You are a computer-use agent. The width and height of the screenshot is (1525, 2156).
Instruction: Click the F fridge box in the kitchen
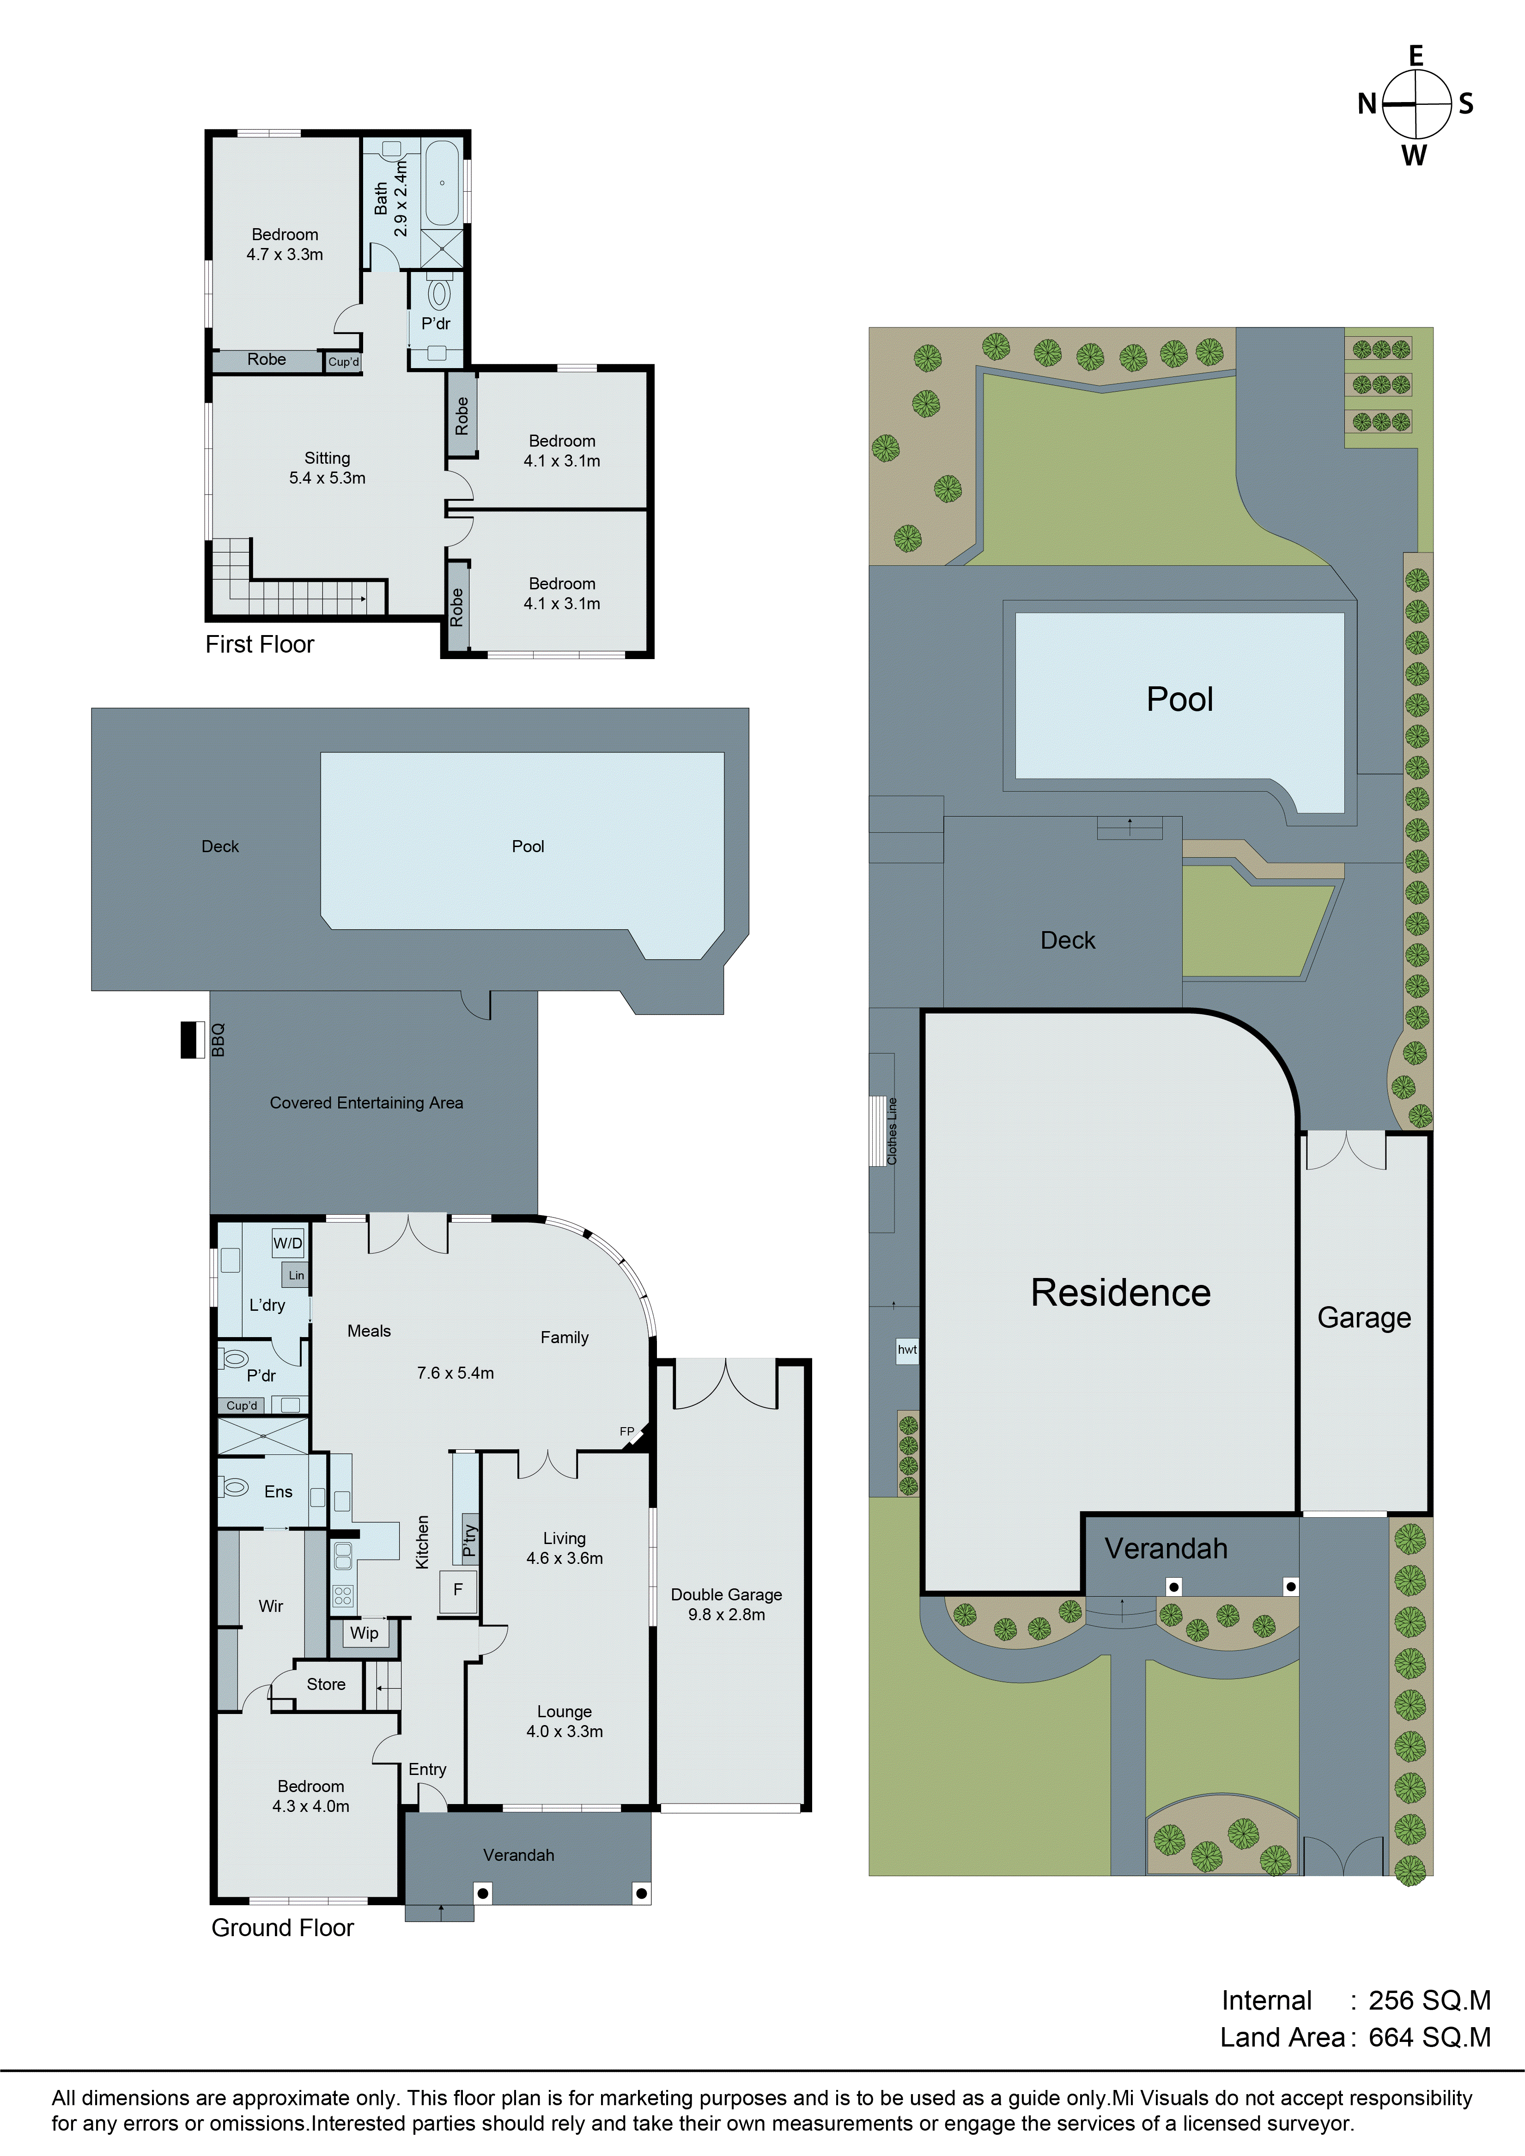click(x=458, y=1590)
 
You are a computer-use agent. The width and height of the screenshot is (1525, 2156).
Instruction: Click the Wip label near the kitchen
click(x=365, y=1633)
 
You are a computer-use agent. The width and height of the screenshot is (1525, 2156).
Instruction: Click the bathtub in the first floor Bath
click(x=441, y=183)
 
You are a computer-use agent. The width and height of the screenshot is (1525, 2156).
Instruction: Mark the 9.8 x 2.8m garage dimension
click(x=726, y=1614)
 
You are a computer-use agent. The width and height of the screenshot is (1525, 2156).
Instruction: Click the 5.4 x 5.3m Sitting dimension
click(x=327, y=478)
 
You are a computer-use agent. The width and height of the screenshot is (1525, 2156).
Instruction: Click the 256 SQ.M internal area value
click(x=1429, y=2000)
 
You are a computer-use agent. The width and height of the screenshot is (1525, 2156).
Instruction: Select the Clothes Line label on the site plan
click(x=892, y=1132)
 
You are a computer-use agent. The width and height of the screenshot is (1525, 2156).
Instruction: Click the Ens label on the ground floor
click(x=278, y=1492)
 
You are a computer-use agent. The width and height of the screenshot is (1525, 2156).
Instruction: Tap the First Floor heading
click(x=259, y=644)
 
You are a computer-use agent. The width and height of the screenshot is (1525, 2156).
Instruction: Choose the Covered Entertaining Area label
click(x=366, y=1102)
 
